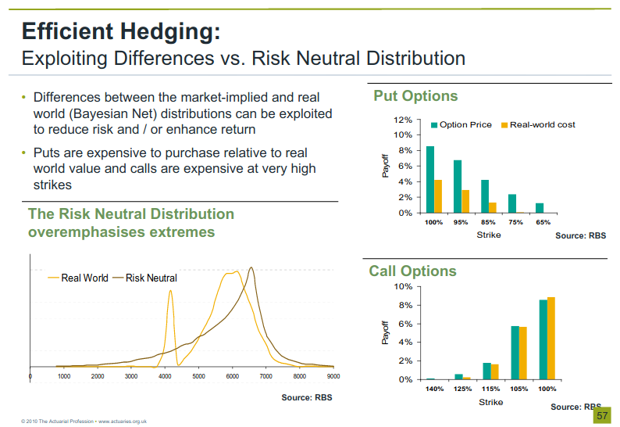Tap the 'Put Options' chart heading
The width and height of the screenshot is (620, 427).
pos(415,96)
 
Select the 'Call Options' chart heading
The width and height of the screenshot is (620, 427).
pos(412,271)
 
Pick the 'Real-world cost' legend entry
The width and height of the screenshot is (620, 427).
pos(542,124)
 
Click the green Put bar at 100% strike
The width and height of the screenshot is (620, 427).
pos(430,180)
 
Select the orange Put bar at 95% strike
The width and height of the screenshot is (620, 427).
pos(465,201)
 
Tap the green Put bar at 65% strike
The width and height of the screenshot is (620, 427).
pos(540,208)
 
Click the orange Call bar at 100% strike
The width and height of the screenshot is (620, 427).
pos(551,339)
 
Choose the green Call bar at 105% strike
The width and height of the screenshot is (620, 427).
pos(515,353)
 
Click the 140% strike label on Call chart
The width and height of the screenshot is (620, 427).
pos(435,389)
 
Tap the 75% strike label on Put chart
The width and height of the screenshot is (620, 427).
pos(516,223)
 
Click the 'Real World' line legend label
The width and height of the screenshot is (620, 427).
pos(84,278)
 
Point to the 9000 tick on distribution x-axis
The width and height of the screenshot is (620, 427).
pos(333,376)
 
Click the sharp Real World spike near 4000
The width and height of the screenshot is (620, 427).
pos(170,293)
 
